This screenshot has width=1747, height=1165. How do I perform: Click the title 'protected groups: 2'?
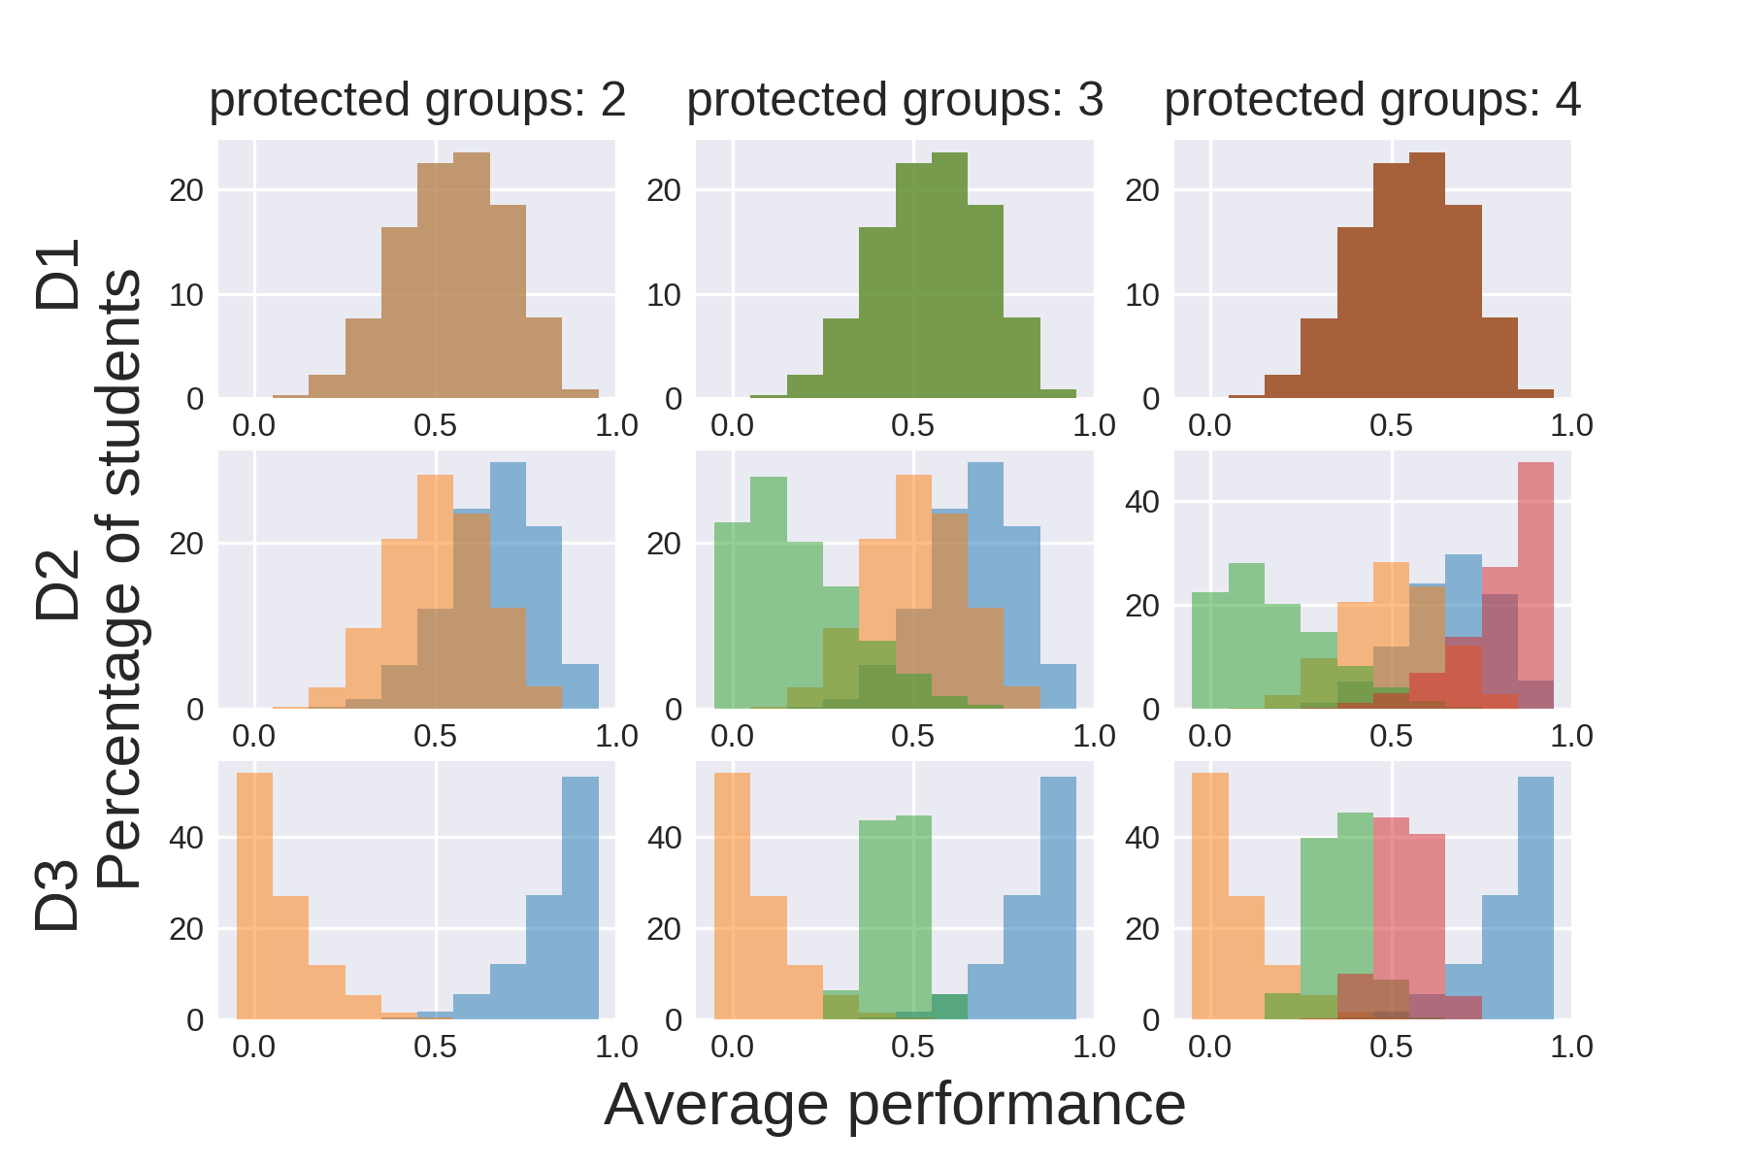pyautogui.click(x=417, y=100)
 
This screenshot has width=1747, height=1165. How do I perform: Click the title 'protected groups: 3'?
pyautogui.click(x=895, y=100)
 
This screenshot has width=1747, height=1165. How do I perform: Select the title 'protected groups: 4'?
pyautogui.click(x=1372, y=100)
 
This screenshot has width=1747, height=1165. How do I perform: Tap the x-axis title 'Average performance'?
pyautogui.click(x=895, y=1105)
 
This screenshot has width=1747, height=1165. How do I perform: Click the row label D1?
pyautogui.click(x=58, y=275)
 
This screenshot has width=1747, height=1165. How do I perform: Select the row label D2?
pyautogui.click(x=58, y=584)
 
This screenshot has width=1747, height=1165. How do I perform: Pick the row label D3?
pyautogui.click(x=58, y=895)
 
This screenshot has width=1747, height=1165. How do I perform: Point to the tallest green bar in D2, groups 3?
pyautogui.click(x=769, y=592)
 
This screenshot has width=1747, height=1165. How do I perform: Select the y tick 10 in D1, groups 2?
pyautogui.click(x=186, y=295)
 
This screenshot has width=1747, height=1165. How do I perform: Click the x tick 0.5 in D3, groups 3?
pyautogui.click(x=912, y=1047)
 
